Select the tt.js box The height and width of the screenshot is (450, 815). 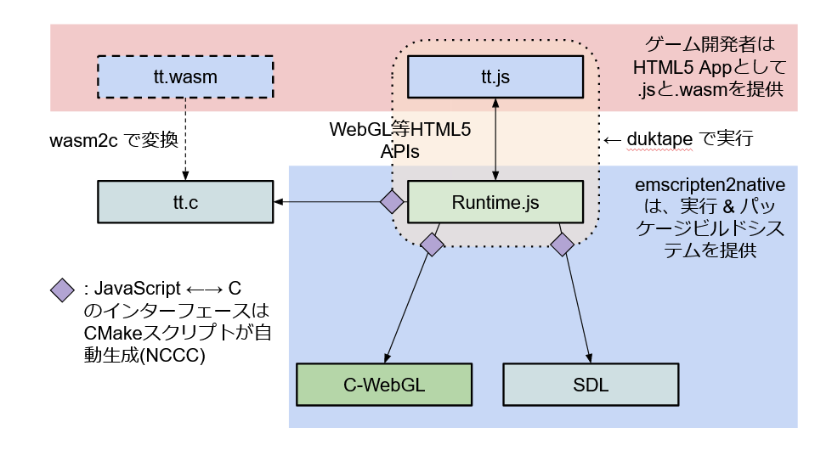tap(495, 77)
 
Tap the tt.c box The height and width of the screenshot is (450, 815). tap(185, 202)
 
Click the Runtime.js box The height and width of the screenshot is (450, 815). tap(496, 202)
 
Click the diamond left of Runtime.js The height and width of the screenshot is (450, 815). tap(391, 202)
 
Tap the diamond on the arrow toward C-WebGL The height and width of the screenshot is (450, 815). tap(432, 245)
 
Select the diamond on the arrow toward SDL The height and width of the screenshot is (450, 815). tap(563, 245)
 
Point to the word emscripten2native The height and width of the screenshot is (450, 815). tap(710, 185)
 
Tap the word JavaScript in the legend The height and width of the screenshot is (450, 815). tap(140, 290)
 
